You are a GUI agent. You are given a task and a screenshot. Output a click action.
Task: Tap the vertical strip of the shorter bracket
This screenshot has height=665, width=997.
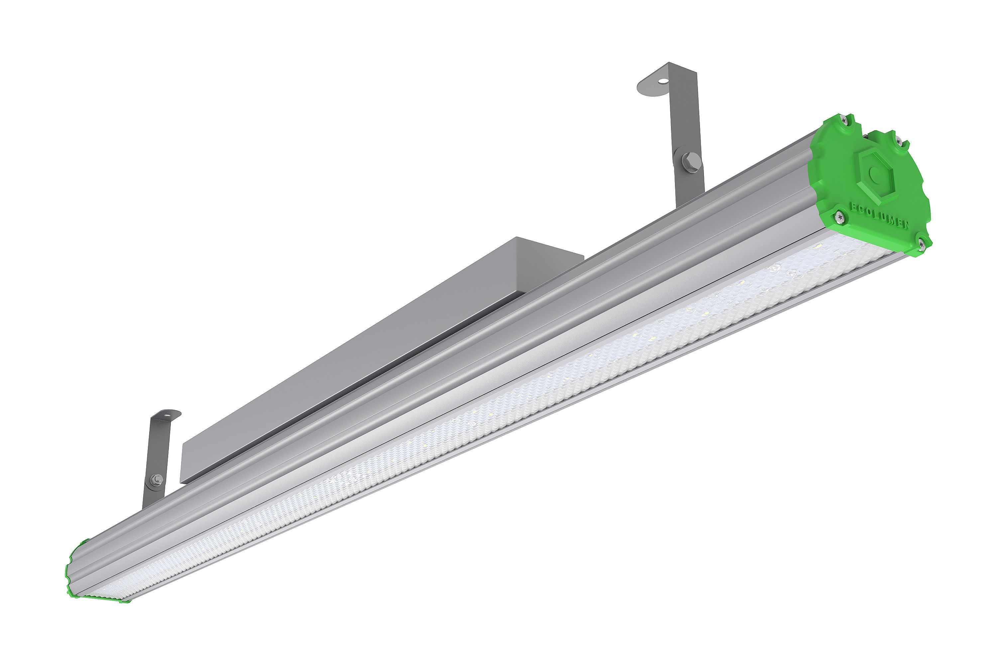(158, 454)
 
